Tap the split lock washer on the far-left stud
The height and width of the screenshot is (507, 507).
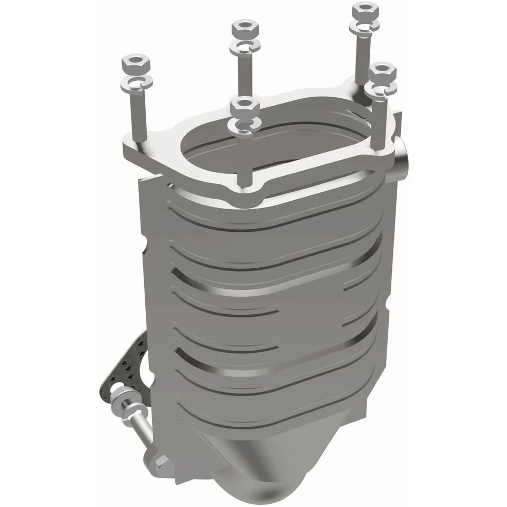pos(137,82)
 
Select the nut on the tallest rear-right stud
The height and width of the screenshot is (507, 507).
pos(365,10)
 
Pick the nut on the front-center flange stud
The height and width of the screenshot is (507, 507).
pos(243,108)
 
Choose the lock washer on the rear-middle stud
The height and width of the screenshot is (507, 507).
pos(245,46)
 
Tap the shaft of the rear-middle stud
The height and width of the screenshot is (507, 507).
pos(244,74)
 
